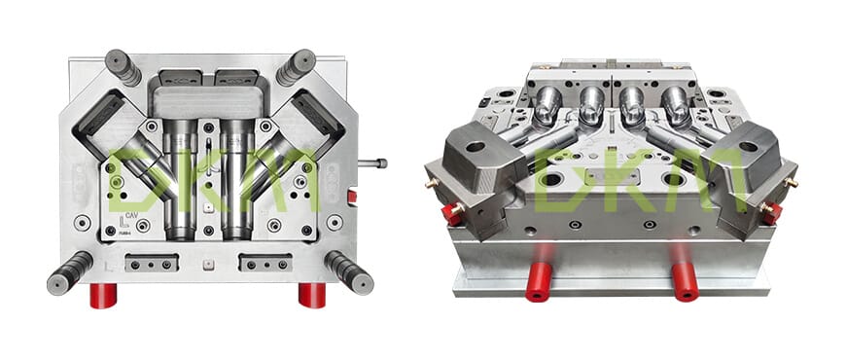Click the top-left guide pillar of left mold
coord(123,68)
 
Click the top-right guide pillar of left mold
coord(296,68)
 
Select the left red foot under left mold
coord(103,295)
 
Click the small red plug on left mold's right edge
coord(351,197)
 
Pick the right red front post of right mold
coord(685,282)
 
